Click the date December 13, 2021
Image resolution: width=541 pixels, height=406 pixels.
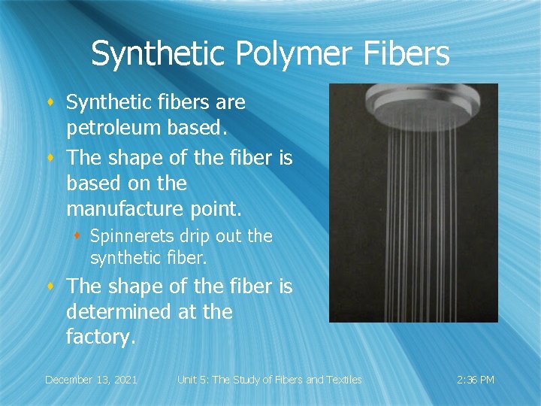pos(91,380)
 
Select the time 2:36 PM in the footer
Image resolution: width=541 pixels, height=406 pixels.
pos(476,380)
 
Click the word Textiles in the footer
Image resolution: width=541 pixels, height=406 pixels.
pos(341,380)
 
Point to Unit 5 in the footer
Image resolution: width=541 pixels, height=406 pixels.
pos(195,380)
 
